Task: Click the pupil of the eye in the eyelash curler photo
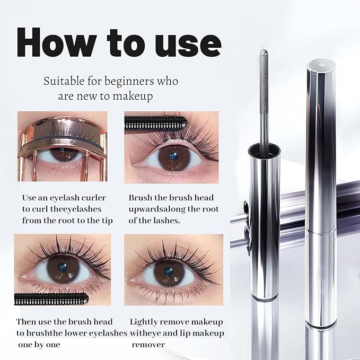[59, 155]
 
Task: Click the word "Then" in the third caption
[27, 322]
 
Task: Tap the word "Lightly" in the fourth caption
[145, 322]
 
